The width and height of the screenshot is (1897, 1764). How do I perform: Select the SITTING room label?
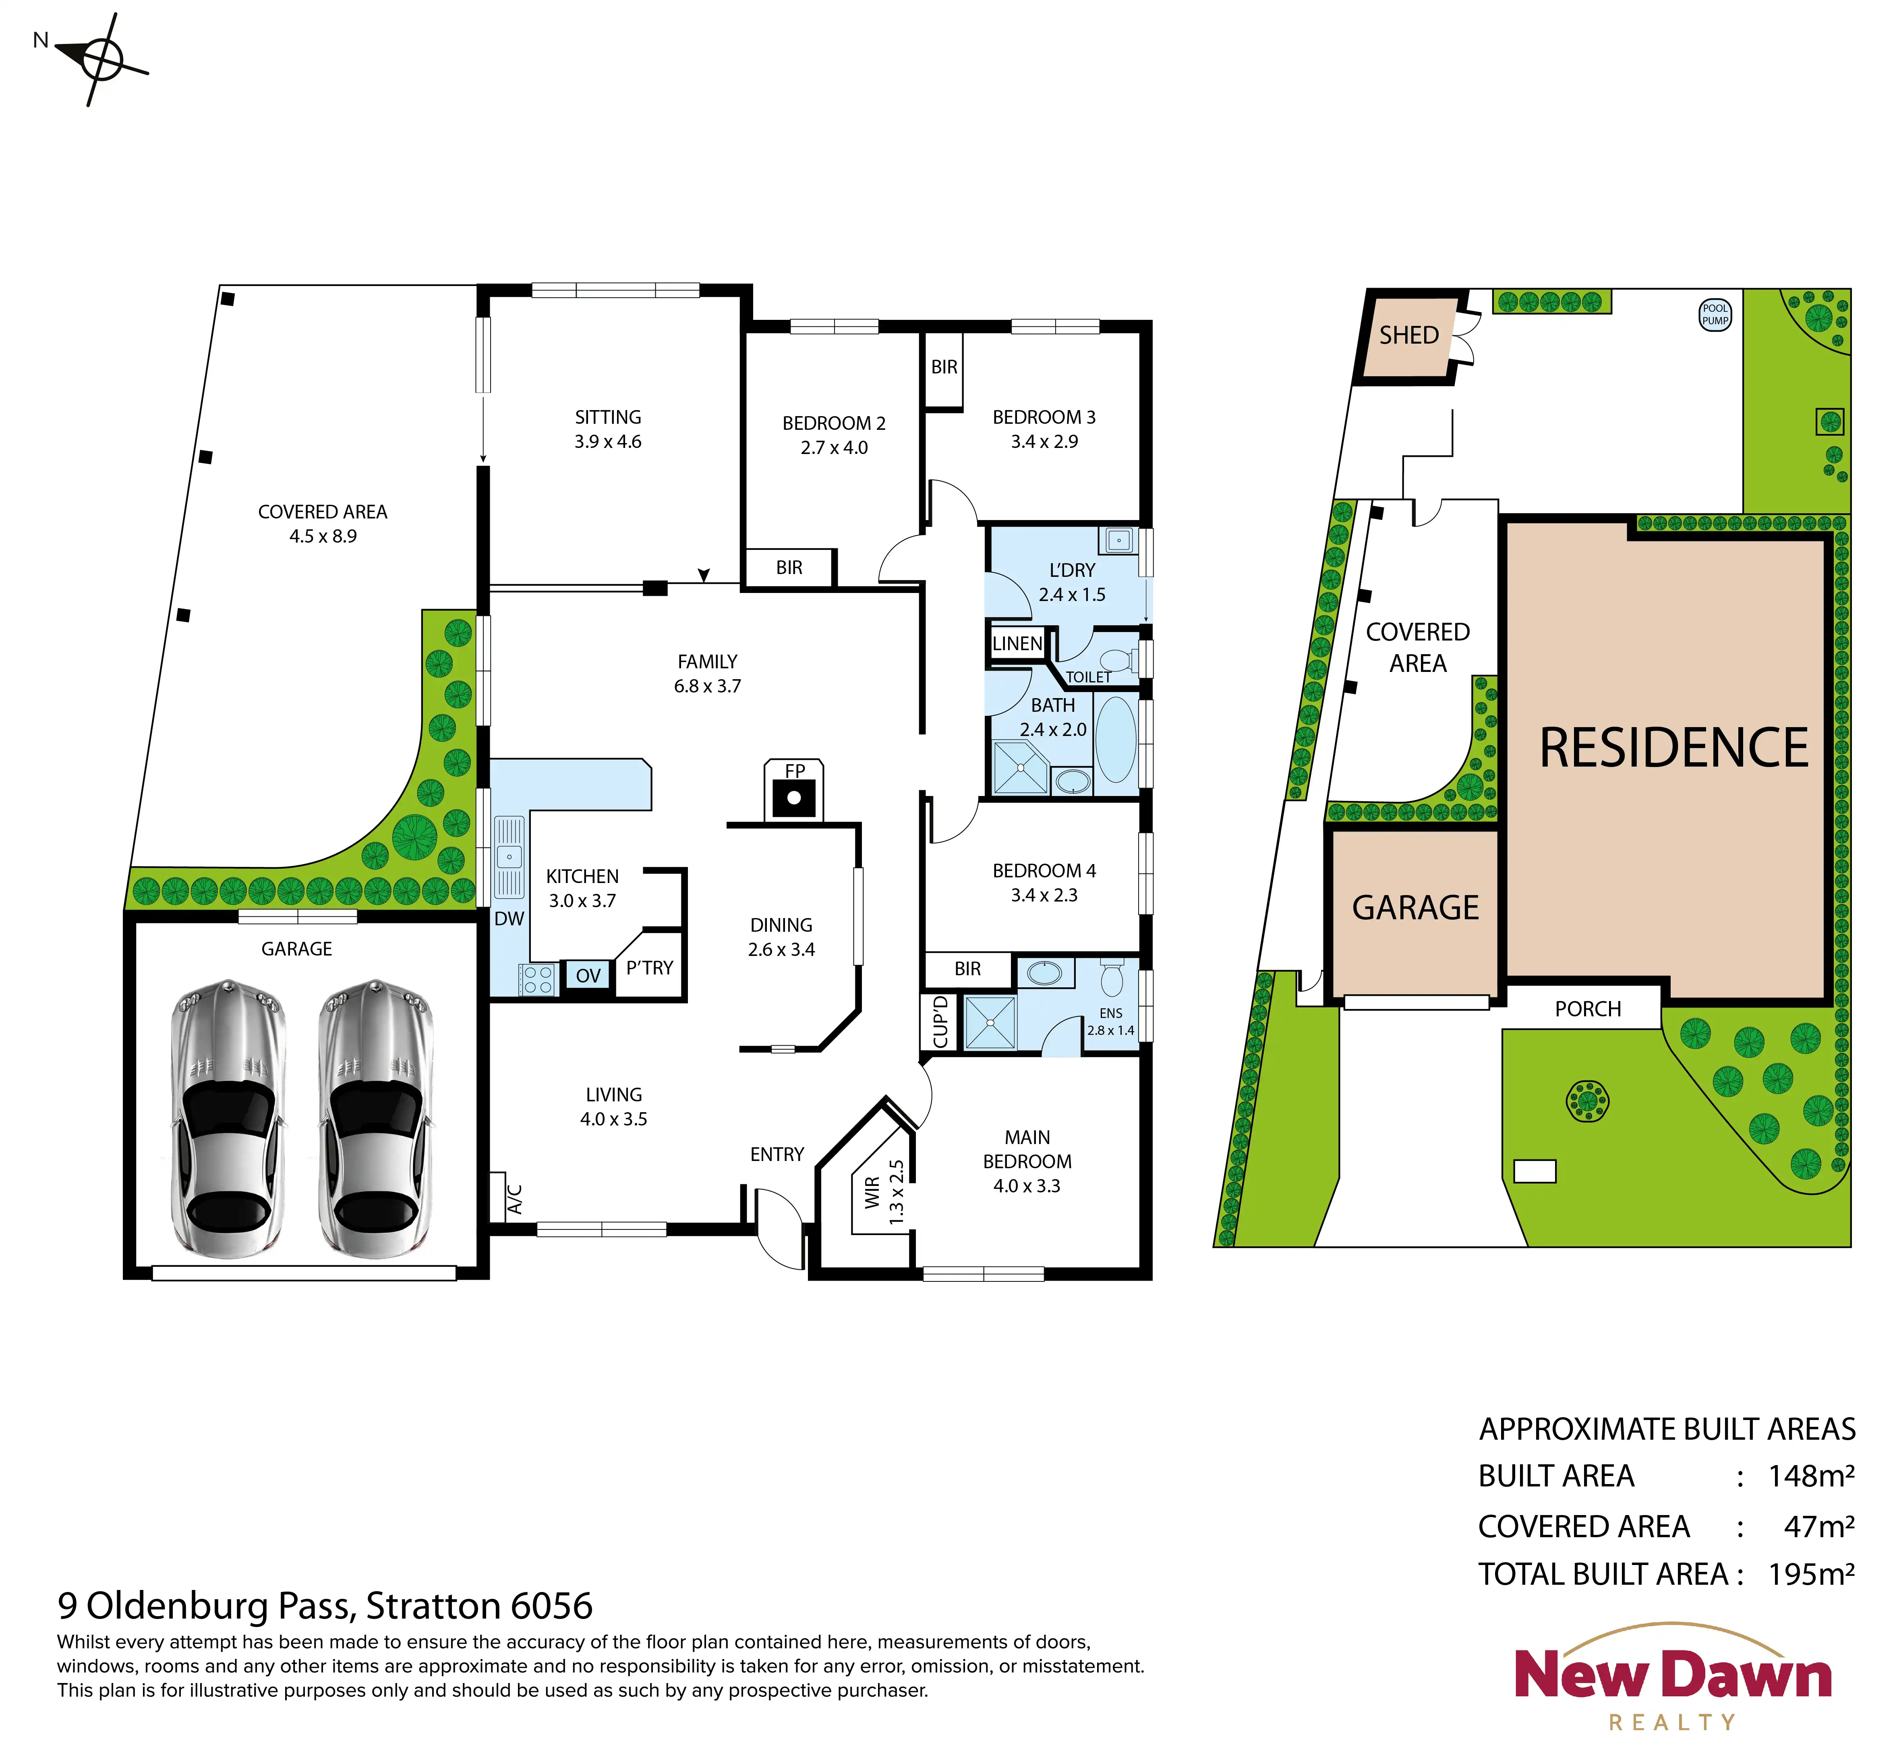[608, 417]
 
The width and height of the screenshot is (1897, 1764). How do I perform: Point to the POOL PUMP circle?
[1715, 314]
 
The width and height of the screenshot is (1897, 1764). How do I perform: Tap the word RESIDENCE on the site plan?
[1674, 747]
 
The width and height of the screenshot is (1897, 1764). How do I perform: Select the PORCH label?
[1588, 1009]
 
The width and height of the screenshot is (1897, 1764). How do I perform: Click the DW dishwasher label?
[509, 918]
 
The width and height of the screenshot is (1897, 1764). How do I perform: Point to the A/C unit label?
[514, 1199]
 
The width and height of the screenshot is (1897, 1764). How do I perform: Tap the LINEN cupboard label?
[1017, 643]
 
